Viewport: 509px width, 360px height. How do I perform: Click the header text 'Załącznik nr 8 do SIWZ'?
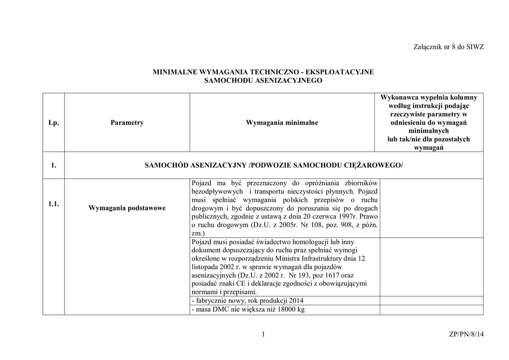(x=448, y=47)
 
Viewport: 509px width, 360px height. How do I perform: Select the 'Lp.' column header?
(x=54, y=122)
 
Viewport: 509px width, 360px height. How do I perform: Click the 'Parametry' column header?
(x=127, y=122)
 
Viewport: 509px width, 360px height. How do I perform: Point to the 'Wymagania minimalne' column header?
(x=282, y=122)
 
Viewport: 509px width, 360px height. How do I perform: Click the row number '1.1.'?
(x=54, y=204)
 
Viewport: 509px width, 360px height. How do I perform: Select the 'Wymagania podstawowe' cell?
(x=127, y=208)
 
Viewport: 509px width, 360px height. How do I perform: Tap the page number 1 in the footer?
(x=263, y=335)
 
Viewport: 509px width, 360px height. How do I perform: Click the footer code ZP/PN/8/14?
(x=466, y=335)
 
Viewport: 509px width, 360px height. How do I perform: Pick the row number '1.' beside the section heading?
(x=54, y=165)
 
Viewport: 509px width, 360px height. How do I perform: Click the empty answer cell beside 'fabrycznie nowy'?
(x=431, y=300)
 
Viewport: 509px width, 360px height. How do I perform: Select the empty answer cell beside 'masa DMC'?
(x=431, y=310)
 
